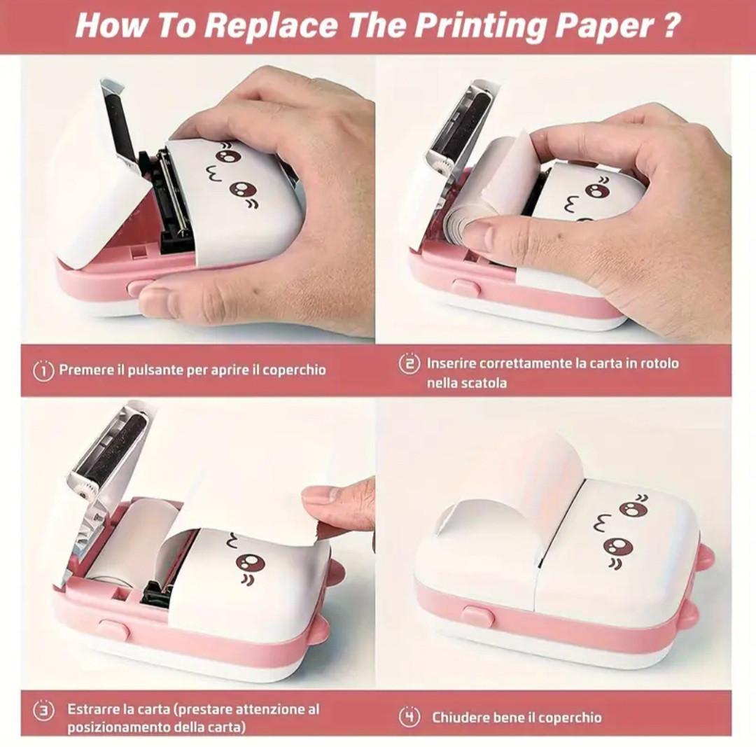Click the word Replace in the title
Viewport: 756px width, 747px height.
[x=269, y=26]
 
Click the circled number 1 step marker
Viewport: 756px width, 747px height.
[x=43, y=370]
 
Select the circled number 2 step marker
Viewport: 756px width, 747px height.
[x=409, y=363]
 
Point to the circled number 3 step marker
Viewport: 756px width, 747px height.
[x=43, y=711]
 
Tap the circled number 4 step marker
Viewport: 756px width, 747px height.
[x=409, y=717]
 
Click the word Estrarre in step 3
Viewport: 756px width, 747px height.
[x=94, y=709]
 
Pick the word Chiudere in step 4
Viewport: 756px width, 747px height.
[x=461, y=718]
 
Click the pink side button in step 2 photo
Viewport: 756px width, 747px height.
[x=465, y=288]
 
